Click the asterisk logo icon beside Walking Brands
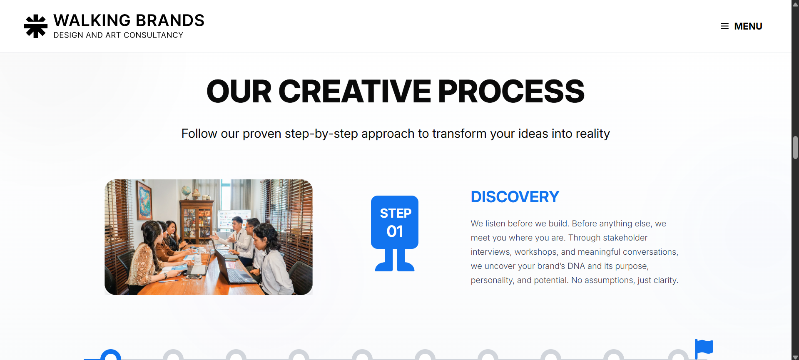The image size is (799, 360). [36, 26]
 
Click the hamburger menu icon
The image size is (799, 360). [724, 26]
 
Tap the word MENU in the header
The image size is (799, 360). [748, 26]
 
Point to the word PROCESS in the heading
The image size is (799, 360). [511, 92]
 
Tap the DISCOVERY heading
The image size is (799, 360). [515, 197]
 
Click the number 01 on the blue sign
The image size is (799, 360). [395, 231]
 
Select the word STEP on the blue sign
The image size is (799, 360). [396, 213]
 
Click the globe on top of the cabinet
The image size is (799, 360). [186, 191]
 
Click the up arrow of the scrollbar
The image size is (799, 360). [795, 4]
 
